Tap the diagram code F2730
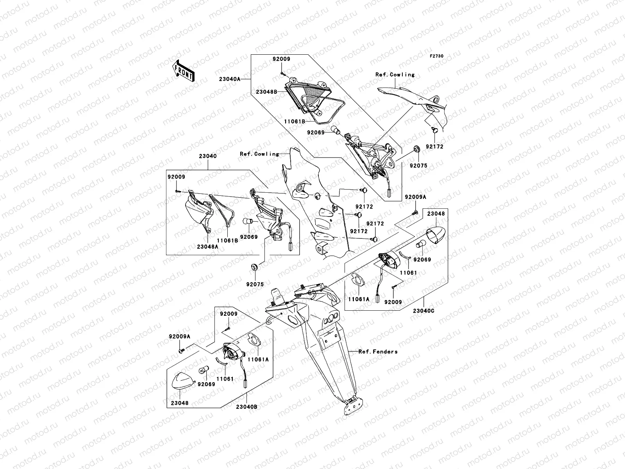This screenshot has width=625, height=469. click(436, 56)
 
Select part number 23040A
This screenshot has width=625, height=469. click(230, 79)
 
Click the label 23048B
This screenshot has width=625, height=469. click(266, 92)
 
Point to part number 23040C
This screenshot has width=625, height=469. click(424, 311)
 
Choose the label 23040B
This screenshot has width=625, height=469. click(246, 407)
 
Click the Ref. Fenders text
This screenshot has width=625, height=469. click(378, 352)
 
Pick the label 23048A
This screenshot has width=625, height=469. click(207, 247)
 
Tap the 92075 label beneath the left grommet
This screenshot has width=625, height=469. click(255, 284)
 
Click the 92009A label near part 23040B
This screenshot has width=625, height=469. click(179, 336)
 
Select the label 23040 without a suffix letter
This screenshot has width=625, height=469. click(207, 156)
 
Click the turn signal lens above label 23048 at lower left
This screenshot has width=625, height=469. click(183, 381)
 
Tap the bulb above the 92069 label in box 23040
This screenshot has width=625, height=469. click(247, 221)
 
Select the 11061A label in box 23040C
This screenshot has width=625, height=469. click(359, 299)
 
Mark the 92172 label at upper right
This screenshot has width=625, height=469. click(434, 147)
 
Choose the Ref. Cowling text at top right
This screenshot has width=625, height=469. click(395, 75)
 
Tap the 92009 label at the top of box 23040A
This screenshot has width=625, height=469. click(281, 59)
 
